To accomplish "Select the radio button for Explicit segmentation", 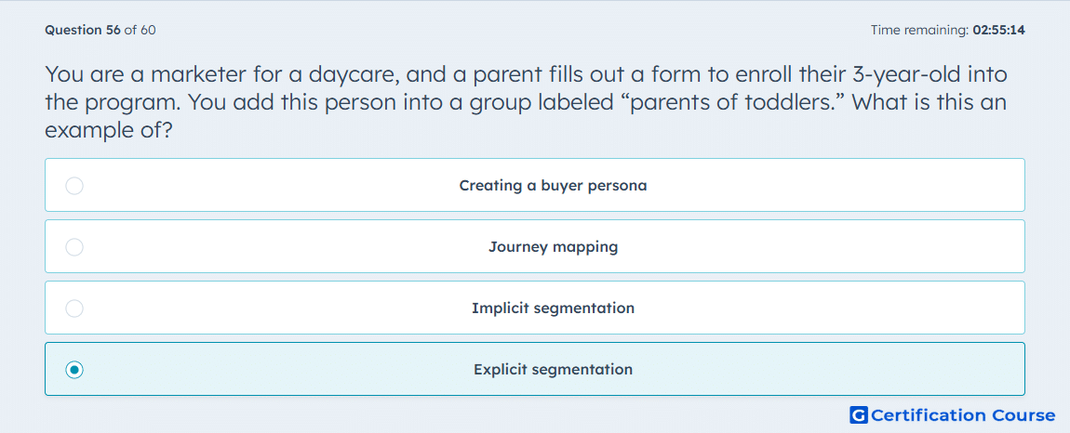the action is [x=74, y=370].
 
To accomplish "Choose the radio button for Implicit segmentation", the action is [x=74, y=308].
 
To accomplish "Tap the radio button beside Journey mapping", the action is [x=74, y=247].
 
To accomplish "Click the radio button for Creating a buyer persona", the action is [x=74, y=186].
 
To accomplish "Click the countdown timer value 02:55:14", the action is [x=999, y=30].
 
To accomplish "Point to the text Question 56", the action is [x=82, y=30].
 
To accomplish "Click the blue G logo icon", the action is [x=859, y=414].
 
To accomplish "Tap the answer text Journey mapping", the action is [x=554, y=247].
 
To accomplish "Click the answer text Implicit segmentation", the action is [x=554, y=308].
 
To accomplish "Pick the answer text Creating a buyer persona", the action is [x=554, y=186].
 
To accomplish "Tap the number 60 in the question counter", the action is [x=148, y=30].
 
